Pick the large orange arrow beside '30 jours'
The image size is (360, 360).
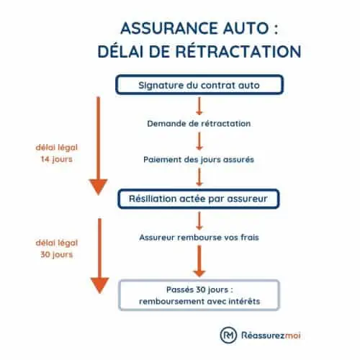tap(99, 259)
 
